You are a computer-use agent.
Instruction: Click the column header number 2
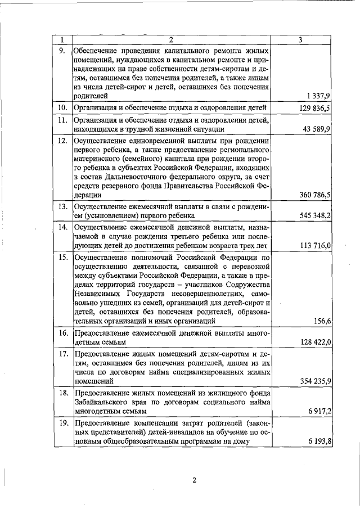click(170, 40)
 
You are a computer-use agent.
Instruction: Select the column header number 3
click(301, 40)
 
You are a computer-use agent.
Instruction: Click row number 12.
click(63, 140)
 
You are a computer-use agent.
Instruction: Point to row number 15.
click(63, 257)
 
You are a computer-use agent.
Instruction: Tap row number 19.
click(63, 422)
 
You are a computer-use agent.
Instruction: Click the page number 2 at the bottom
click(193, 480)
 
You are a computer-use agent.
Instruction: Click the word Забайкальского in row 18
click(101, 402)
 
